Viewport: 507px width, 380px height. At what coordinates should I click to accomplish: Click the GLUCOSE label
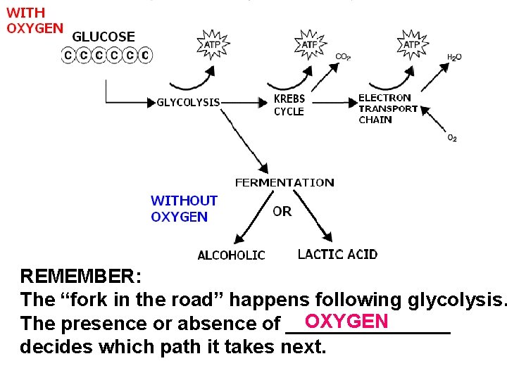tap(104, 37)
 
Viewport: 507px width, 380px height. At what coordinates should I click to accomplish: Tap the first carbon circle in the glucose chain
tap(68, 54)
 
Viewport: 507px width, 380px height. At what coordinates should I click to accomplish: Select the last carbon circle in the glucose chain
tap(145, 54)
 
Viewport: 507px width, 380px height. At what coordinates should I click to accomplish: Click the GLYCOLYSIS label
tap(188, 103)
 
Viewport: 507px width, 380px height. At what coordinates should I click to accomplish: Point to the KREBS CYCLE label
tap(289, 106)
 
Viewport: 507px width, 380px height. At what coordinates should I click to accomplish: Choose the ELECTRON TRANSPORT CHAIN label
tap(388, 108)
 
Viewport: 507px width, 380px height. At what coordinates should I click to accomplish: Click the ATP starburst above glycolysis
tap(212, 44)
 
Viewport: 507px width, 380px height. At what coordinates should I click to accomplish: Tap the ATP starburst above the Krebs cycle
tap(309, 44)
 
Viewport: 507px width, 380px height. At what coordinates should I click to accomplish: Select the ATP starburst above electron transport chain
tap(411, 44)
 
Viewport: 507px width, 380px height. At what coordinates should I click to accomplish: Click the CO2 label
tap(343, 56)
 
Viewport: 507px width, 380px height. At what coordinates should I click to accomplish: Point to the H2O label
tap(454, 57)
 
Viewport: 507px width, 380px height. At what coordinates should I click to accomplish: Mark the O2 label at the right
tap(452, 138)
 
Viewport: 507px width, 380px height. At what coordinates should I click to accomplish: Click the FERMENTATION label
tap(284, 183)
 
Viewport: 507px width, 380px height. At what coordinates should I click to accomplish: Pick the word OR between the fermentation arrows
tap(282, 211)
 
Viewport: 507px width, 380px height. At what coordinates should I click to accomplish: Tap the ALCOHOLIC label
tap(231, 255)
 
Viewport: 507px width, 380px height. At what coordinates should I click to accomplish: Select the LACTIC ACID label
tap(337, 254)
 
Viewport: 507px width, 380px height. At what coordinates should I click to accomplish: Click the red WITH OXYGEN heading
tap(34, 20)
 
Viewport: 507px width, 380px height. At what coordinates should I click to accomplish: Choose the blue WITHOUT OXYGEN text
tap(184, 209)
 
